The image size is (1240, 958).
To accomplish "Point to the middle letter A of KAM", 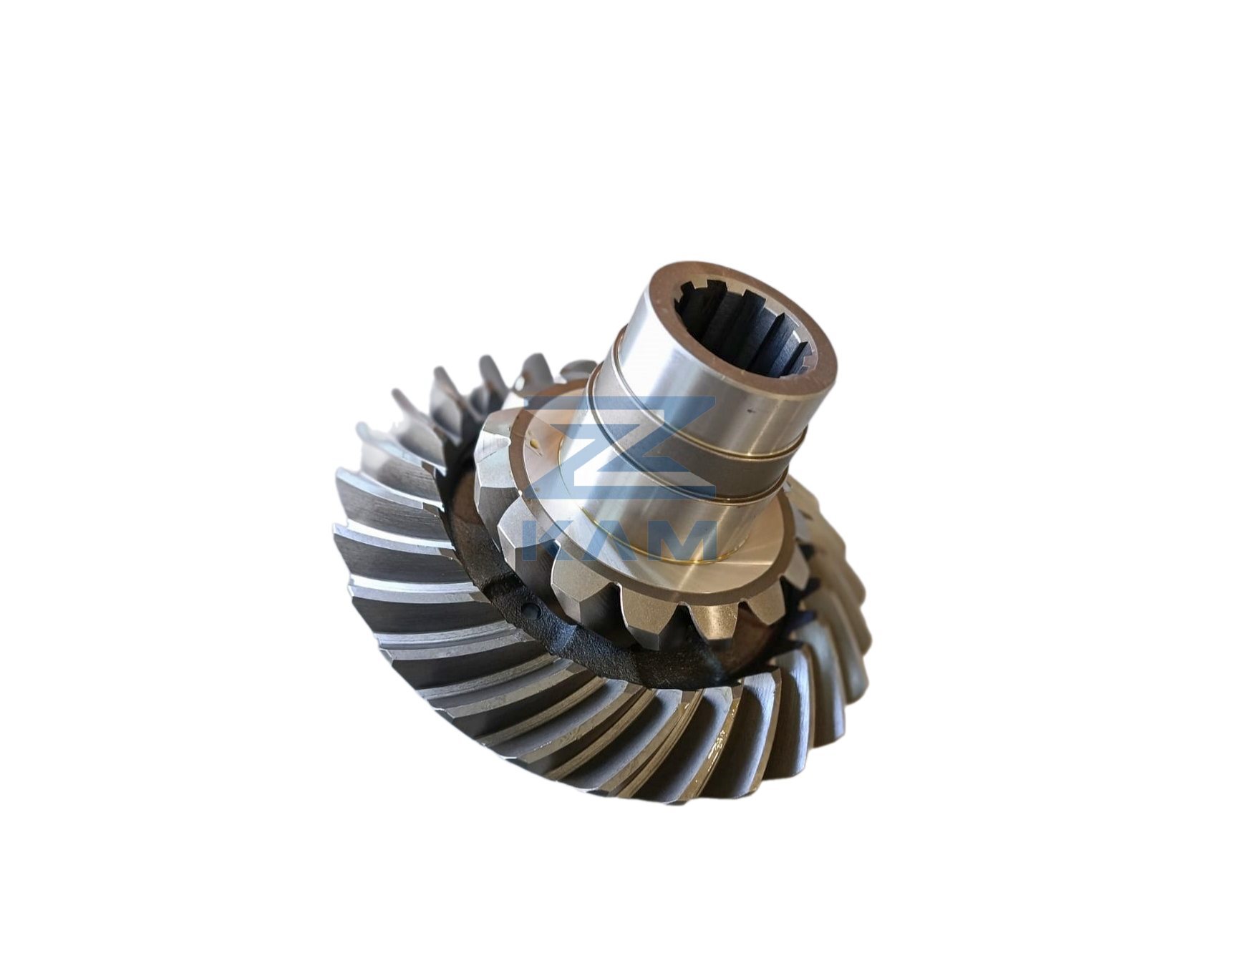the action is [x=613, y=539].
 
